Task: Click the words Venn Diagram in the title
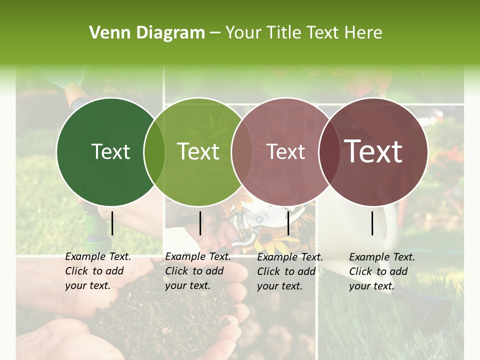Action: tap(147, 33)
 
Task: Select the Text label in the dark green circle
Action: tap(110, 151)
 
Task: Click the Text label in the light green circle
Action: tap(198, 151)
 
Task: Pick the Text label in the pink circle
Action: tap(285, 151)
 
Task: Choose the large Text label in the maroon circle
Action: tap(373, 151)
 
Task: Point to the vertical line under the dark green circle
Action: tap(112, 223)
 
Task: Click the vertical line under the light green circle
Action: tap(200, 223)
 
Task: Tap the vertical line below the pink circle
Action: tap(288, 223)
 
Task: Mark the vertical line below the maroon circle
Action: tap(372, 223)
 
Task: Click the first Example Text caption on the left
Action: tap(98, 271)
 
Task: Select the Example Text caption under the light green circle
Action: tap(198, 271)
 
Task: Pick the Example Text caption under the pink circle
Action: tap(290, 271)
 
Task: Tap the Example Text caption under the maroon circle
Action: tap(382, 271)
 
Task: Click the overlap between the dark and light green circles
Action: tap(154, 151)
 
